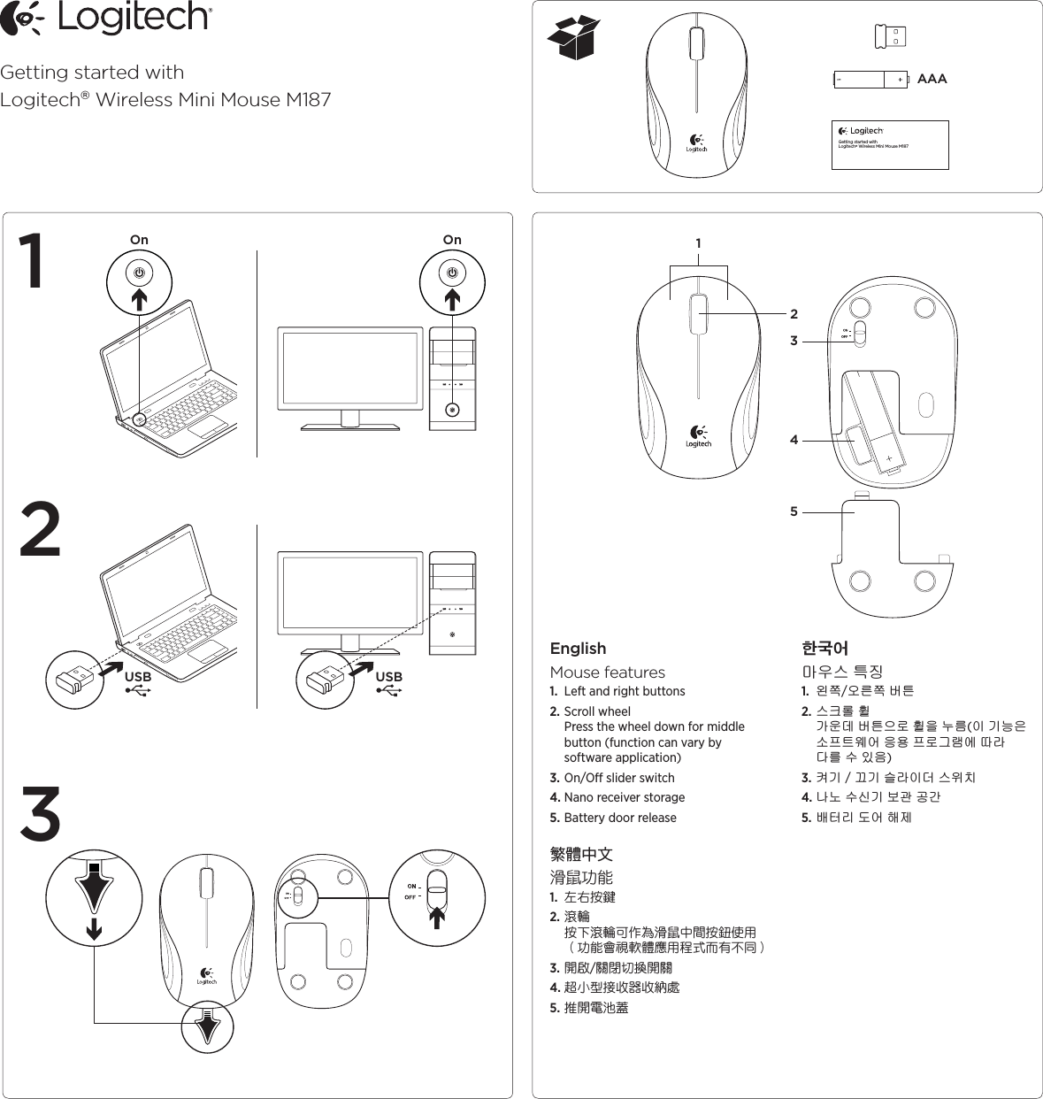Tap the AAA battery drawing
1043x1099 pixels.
[x=871, y=80]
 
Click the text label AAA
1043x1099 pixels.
[x=932, y=80]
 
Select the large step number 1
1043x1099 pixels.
[x=35, y=262]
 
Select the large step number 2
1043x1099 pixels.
[x=41, y=530]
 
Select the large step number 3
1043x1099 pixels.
[x=41, y=813]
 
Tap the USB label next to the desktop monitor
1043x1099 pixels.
[x=388, y=678]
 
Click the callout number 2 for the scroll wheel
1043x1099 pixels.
[x=794, y=314]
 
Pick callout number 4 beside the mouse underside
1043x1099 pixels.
[x=794, y=440]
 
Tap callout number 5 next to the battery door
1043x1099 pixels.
[x=794, y=511]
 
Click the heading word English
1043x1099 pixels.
[x=578, y=649]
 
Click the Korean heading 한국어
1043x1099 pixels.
[x=824, y=649]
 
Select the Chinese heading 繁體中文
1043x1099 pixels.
[x=581, y=855]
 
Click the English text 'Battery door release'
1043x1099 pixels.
[x=619, y=818]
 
